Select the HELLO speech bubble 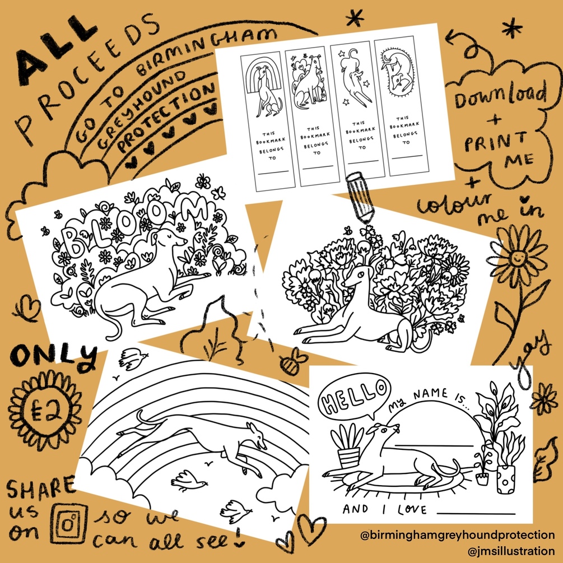tap(353, 395)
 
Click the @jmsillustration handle tap(511, 551)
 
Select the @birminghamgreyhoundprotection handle tap(458, 535)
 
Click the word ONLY tap(54, 356)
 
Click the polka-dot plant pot tap(506, 480)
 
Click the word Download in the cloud tap(500, 94)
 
